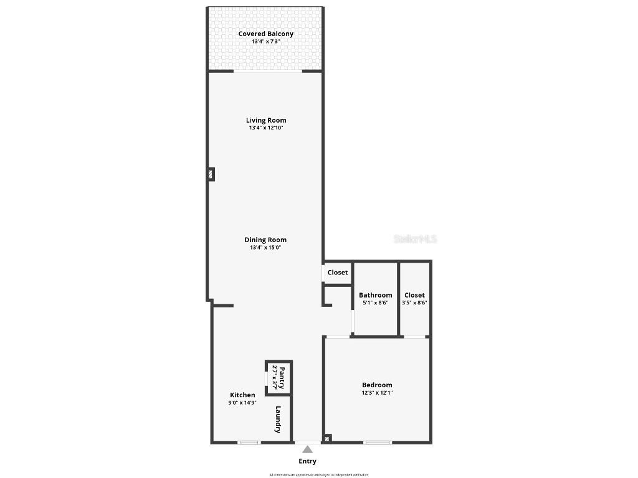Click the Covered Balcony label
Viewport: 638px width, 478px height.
click(x=265, y=34)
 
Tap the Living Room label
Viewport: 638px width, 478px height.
click(x=266, y=120)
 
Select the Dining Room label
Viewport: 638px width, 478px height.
click(x=265, y=240)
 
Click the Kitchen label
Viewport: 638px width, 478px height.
click(x=242, y=395)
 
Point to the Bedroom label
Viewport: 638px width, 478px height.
click(x=377, y=385)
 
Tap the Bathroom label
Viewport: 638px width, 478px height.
click(x=375, y=295)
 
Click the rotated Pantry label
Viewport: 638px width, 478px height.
click(x=282, y=377)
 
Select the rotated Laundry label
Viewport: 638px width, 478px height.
click(x=279, y=419)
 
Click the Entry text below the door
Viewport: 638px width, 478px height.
click(x=307, y=461)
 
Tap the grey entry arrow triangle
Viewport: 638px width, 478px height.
click(x=307, y=449)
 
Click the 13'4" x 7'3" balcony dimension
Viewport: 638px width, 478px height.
click(x=266, y=41)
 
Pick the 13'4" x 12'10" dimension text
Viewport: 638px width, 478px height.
click(x=266, y=128)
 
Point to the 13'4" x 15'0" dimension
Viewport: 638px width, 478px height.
click(x=265, y=247)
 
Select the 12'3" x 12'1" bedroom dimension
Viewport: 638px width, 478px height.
click(x=377, y=393)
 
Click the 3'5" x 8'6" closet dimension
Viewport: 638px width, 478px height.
click(x=414, y=303)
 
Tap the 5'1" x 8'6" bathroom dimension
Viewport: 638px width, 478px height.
click(x=375, y=303)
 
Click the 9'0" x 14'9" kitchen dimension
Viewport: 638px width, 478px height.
click(x=242, y=403)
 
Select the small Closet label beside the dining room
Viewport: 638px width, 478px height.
click(x=338, y=273)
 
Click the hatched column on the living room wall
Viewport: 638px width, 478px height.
click(x=211, y=174)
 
